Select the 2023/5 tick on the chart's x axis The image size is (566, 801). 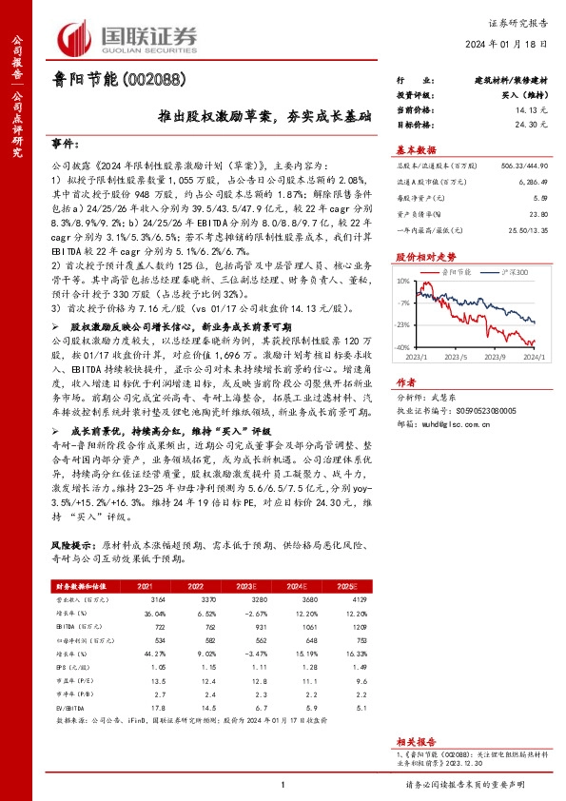pyautogui.click(x=460, y=358)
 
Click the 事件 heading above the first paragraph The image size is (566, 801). pyautogui.click(x=63, y=143)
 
